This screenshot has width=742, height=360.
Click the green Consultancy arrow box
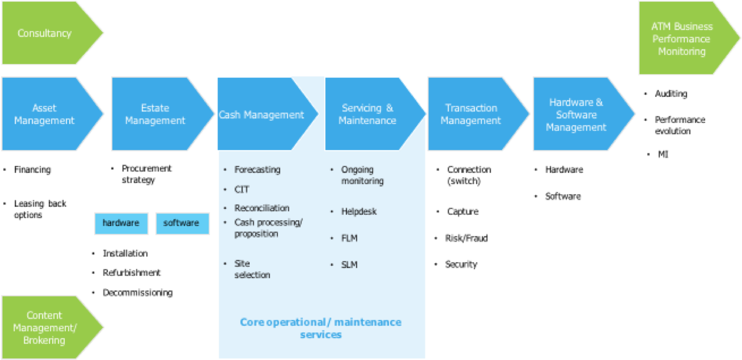45,33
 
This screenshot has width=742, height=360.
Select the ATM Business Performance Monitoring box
682,39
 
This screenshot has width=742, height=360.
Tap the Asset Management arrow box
45,114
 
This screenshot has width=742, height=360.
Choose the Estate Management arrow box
156,114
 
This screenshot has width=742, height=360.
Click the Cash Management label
262,115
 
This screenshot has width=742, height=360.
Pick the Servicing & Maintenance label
367,114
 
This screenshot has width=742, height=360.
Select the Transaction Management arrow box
471,114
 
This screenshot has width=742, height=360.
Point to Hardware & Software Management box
576,115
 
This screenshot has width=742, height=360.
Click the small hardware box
121,223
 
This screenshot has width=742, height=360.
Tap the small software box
182,223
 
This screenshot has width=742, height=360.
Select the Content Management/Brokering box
45,328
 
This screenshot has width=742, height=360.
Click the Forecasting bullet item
257,170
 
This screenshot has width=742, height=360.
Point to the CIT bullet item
242,190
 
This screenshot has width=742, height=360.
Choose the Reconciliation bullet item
262,208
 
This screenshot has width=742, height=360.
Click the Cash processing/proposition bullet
268,228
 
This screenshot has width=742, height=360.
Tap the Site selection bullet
252,269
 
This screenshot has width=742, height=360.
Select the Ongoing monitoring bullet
362,176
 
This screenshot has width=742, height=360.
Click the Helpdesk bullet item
358,212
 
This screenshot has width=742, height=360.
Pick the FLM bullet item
349,238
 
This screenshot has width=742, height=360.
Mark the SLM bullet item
349,265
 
